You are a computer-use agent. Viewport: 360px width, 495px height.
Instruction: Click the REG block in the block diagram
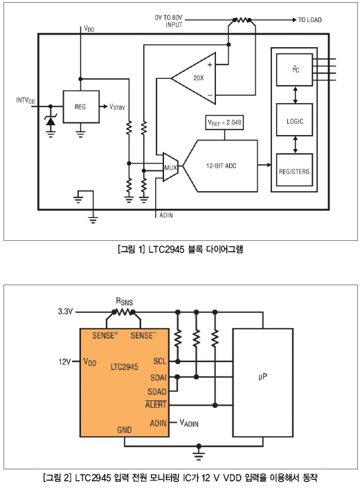pos(81,107)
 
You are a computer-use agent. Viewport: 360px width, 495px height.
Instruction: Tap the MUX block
pos(170,167)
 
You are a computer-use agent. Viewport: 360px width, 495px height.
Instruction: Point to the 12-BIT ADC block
pos(221,165)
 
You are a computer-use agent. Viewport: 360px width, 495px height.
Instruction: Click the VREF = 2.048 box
pos(224,123)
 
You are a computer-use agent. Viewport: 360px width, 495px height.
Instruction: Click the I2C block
pos(295,69)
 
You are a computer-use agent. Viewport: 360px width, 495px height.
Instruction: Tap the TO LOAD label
pos(309,20)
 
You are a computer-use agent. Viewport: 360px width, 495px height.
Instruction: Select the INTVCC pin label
pos(26,100)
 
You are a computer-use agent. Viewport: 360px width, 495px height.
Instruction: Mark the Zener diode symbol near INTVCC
pos(51,121)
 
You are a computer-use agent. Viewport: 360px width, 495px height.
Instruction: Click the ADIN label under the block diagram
pos(166,215)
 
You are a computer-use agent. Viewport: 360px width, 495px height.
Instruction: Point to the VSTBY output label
pos(117,107)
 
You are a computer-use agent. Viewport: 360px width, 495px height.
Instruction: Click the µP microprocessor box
pos(263,383)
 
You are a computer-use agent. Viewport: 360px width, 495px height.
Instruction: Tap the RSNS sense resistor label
pos(125,301)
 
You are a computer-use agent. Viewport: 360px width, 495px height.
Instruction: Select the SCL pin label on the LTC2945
pos(160,361)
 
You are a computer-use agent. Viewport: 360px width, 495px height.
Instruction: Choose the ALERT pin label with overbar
pos(156,404)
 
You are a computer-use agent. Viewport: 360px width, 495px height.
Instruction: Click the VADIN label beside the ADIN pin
pos(189,423)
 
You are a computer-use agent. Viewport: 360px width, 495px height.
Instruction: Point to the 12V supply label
pos(64,362)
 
